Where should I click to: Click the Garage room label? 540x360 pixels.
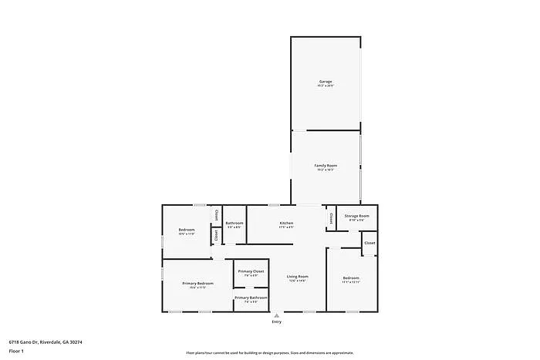click(326, 81)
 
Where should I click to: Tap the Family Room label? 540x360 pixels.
click(326, 166)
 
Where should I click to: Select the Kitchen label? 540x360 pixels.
click(286, 223)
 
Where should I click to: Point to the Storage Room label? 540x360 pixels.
click(356, 216)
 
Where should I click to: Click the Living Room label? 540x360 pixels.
click(298, 276)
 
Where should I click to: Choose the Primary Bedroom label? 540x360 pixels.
click(197, 283)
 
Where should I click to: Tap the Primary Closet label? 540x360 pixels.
click(251, 271)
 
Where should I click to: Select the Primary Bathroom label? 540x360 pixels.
click(251, 297)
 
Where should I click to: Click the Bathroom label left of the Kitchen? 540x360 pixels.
click(234, 223)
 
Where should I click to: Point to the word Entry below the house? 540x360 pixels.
click(276, 321)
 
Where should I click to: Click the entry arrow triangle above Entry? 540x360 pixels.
click(276, 315)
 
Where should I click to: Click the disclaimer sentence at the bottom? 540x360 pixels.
click(270, 352)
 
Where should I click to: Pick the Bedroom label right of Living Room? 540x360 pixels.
click(350, 278)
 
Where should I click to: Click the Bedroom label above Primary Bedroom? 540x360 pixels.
click(187, 229)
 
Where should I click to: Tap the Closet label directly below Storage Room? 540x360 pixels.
click(370, 243)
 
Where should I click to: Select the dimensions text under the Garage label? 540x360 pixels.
click(326, 86)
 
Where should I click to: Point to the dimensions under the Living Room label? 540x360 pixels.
click(298, 281)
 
